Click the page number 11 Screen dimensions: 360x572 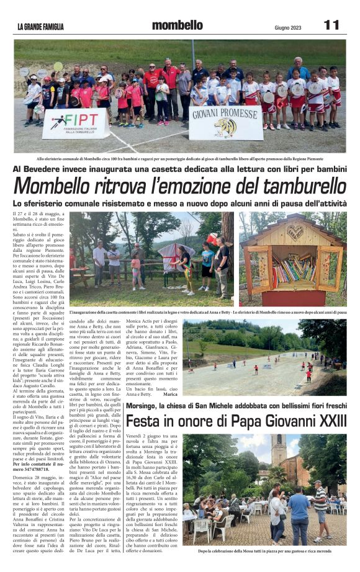click(331, 25)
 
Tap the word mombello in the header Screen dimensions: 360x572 click(177, 25)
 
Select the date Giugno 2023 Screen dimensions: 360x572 click(287, 27)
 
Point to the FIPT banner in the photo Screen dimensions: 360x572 click(75, 122)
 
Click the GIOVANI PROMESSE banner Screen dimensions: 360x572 click(225, 122)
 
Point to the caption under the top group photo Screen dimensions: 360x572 click(180, 158)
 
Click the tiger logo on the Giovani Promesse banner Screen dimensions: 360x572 click(225, 128)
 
